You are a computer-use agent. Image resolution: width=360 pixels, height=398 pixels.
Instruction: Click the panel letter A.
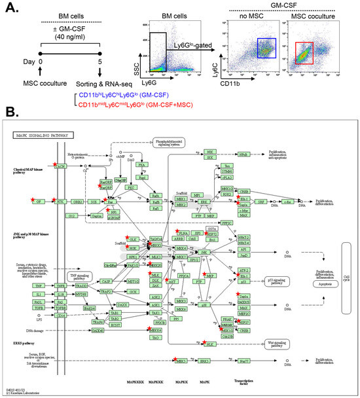pos(9,8)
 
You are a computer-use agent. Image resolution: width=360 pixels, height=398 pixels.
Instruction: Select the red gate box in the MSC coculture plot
pos(307,55)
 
